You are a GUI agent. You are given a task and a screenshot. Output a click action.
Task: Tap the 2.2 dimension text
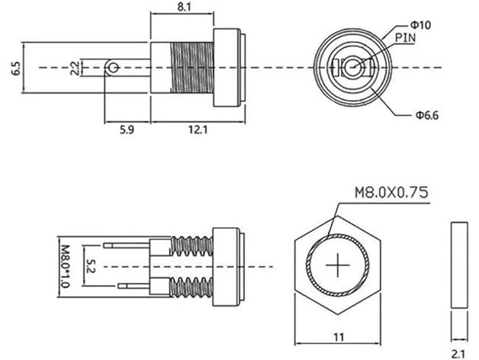tap(75, 69)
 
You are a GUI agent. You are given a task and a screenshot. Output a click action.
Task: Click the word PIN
tap(404, 36)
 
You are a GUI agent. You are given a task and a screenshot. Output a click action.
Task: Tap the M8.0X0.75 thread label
tap(391, 192)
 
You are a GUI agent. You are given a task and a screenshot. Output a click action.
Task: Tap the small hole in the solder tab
tap(114, 69)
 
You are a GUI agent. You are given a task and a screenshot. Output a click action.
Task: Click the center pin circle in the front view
tap(353, 68)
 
